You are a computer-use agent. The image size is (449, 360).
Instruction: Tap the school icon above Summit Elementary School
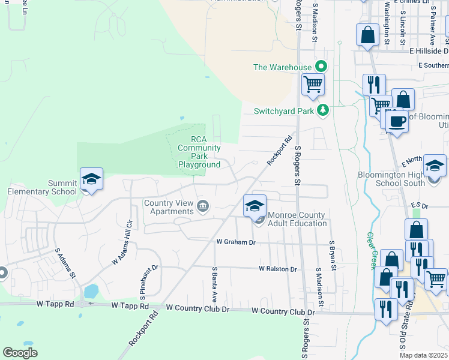91,179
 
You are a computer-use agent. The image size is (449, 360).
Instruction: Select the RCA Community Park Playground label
199,152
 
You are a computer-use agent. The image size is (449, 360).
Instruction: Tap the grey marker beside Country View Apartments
203,207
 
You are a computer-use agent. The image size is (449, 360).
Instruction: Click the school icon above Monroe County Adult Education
255,205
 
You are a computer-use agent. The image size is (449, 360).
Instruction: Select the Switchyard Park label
284,111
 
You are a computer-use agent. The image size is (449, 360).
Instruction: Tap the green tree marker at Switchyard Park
323,110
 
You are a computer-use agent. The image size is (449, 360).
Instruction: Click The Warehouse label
283,67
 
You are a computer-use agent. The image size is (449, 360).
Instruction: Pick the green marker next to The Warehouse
321,67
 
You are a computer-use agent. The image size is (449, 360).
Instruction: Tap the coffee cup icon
396,122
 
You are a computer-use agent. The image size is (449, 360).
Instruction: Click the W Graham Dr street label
236,242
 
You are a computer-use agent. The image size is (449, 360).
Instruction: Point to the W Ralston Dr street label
278,269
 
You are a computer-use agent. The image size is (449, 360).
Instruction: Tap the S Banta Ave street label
214,285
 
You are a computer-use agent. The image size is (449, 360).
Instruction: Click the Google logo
20,353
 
